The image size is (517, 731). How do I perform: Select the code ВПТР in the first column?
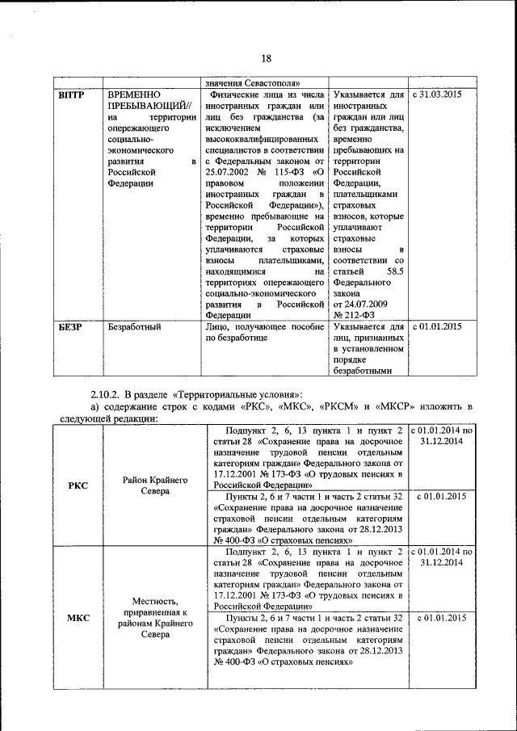(x=73, y=95)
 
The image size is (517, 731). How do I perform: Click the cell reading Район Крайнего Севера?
(x=156, y=485)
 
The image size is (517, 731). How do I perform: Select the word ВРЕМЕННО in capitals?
(x=133, y=95)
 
